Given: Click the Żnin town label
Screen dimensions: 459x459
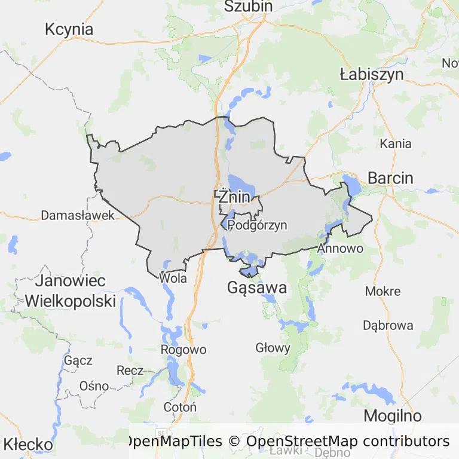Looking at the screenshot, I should (x=234, y=196).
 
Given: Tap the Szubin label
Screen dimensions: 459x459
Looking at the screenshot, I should (x=248, y=7).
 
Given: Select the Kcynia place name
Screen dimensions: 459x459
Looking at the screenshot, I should (x=69, y=29).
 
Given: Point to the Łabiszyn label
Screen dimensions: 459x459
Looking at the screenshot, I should (x=371, y=75).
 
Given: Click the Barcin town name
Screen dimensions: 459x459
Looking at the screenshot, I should (x=390, y=178).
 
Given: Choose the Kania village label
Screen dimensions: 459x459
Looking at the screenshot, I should (x=396, y=143).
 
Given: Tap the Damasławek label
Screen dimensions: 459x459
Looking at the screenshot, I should (x=78, y=215).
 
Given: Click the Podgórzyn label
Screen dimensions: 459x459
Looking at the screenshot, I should (x=258, y=225).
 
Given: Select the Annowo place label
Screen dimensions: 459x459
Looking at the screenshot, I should (x=340, y=247).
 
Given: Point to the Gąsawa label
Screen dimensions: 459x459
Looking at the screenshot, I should (x=257, y=288).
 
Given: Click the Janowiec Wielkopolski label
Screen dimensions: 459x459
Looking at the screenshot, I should (x=70, y=290).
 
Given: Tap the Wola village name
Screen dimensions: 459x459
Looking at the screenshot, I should (x=173, y=278).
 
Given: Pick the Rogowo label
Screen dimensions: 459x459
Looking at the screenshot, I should (x=183, y=350).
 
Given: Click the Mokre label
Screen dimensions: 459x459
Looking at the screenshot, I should (x=382, y=291).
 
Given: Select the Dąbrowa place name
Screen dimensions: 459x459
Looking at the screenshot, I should (x=388, y=326).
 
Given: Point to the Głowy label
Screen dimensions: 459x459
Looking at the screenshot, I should (x=273, y=348).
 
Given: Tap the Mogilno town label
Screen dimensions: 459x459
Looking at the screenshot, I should (x=393, y=416).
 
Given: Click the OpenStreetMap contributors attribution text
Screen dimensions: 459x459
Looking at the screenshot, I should (x=347, y=442).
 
